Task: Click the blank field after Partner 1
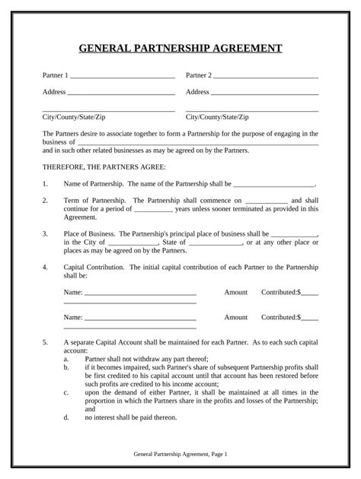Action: pos(122,78)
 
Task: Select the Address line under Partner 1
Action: pos(122,94)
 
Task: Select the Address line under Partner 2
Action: pos(264,94)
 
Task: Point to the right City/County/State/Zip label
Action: pos(217,117)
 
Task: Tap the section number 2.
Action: pos(45,200)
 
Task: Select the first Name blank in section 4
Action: pos(140,293)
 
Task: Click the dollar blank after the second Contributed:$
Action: pos(310,318)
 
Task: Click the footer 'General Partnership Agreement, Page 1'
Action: pos(180,454)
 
